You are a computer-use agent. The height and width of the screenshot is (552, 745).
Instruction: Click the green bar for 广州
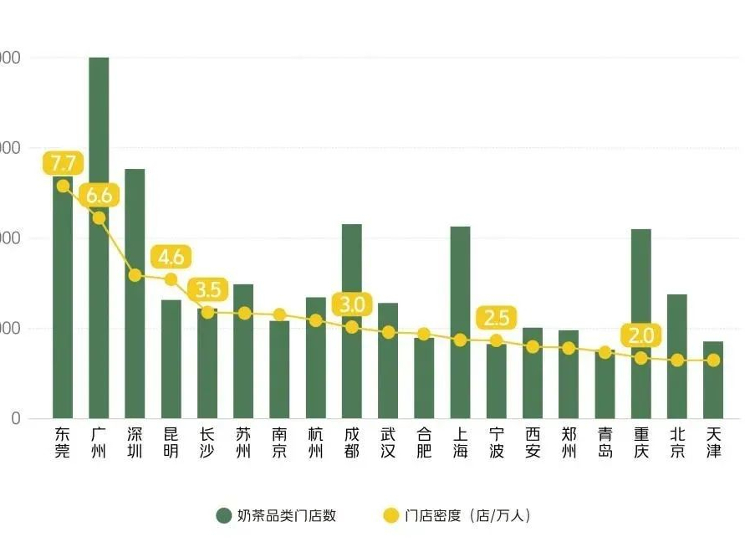(99, 251)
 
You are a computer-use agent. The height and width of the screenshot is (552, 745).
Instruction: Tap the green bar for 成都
(352, 276)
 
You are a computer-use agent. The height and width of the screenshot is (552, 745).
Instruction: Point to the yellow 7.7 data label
(63, 162)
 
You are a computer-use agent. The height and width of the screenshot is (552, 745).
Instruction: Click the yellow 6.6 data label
(99, 196)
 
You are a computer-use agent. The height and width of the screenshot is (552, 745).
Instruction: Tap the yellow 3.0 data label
(352, 304)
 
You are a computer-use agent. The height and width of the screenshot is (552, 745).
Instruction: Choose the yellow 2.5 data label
(497, 318)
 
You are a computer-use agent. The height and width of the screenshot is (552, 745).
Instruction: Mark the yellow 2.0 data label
(641, 336)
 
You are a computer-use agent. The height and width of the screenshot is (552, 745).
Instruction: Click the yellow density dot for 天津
(713, 360)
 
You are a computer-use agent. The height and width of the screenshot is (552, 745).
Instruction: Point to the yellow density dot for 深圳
(135, 275)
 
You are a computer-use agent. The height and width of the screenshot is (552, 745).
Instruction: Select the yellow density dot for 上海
(460, 340)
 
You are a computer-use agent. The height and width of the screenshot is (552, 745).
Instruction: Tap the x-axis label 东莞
(63, 442)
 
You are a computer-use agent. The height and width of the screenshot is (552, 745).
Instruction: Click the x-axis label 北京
(677, 442)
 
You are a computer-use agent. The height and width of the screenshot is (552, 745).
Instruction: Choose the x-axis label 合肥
(424, 442)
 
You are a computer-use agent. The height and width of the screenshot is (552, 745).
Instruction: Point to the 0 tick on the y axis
(14, 418)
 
